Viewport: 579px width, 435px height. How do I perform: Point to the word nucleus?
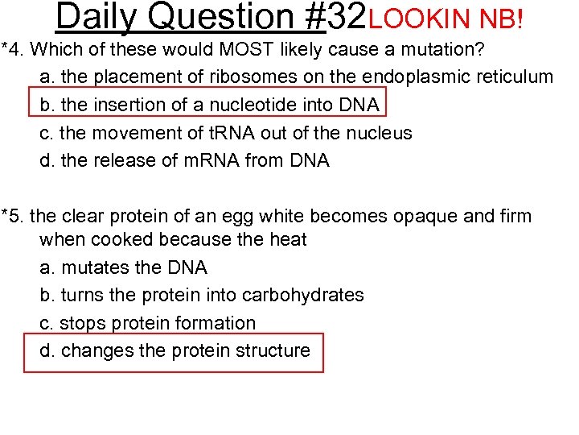pos(379,133)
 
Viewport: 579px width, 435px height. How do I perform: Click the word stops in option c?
pos(83,323)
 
